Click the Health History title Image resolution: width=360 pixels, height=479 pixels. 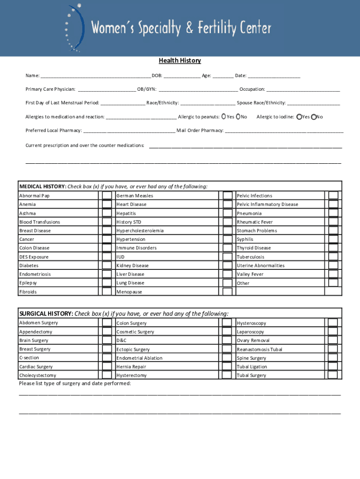pos(180,61)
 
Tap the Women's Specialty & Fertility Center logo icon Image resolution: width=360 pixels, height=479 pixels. pos(75,28)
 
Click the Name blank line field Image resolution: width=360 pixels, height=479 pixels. pos(95,76)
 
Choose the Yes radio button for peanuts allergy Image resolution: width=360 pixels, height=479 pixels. pos(223,116)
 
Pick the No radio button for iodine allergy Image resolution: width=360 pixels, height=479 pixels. pos(314,117)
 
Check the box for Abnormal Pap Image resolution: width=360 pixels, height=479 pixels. pos(107,196)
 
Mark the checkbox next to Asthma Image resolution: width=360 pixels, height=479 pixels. pos(107,213)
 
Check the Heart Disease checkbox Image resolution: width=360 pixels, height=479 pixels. pos(227,204)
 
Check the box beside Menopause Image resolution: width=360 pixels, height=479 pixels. pos(227,291)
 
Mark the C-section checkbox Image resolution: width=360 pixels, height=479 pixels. pos(107,358)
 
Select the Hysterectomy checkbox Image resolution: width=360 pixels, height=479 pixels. pos(227,375)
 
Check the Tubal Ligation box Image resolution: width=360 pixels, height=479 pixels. pos(333,367)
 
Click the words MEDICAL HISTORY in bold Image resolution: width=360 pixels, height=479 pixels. pos(43,187)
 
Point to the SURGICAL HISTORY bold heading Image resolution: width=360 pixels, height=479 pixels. pos(46,313)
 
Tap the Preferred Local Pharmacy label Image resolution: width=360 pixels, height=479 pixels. pos(54,131)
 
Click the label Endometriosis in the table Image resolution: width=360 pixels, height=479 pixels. pos(35,274)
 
